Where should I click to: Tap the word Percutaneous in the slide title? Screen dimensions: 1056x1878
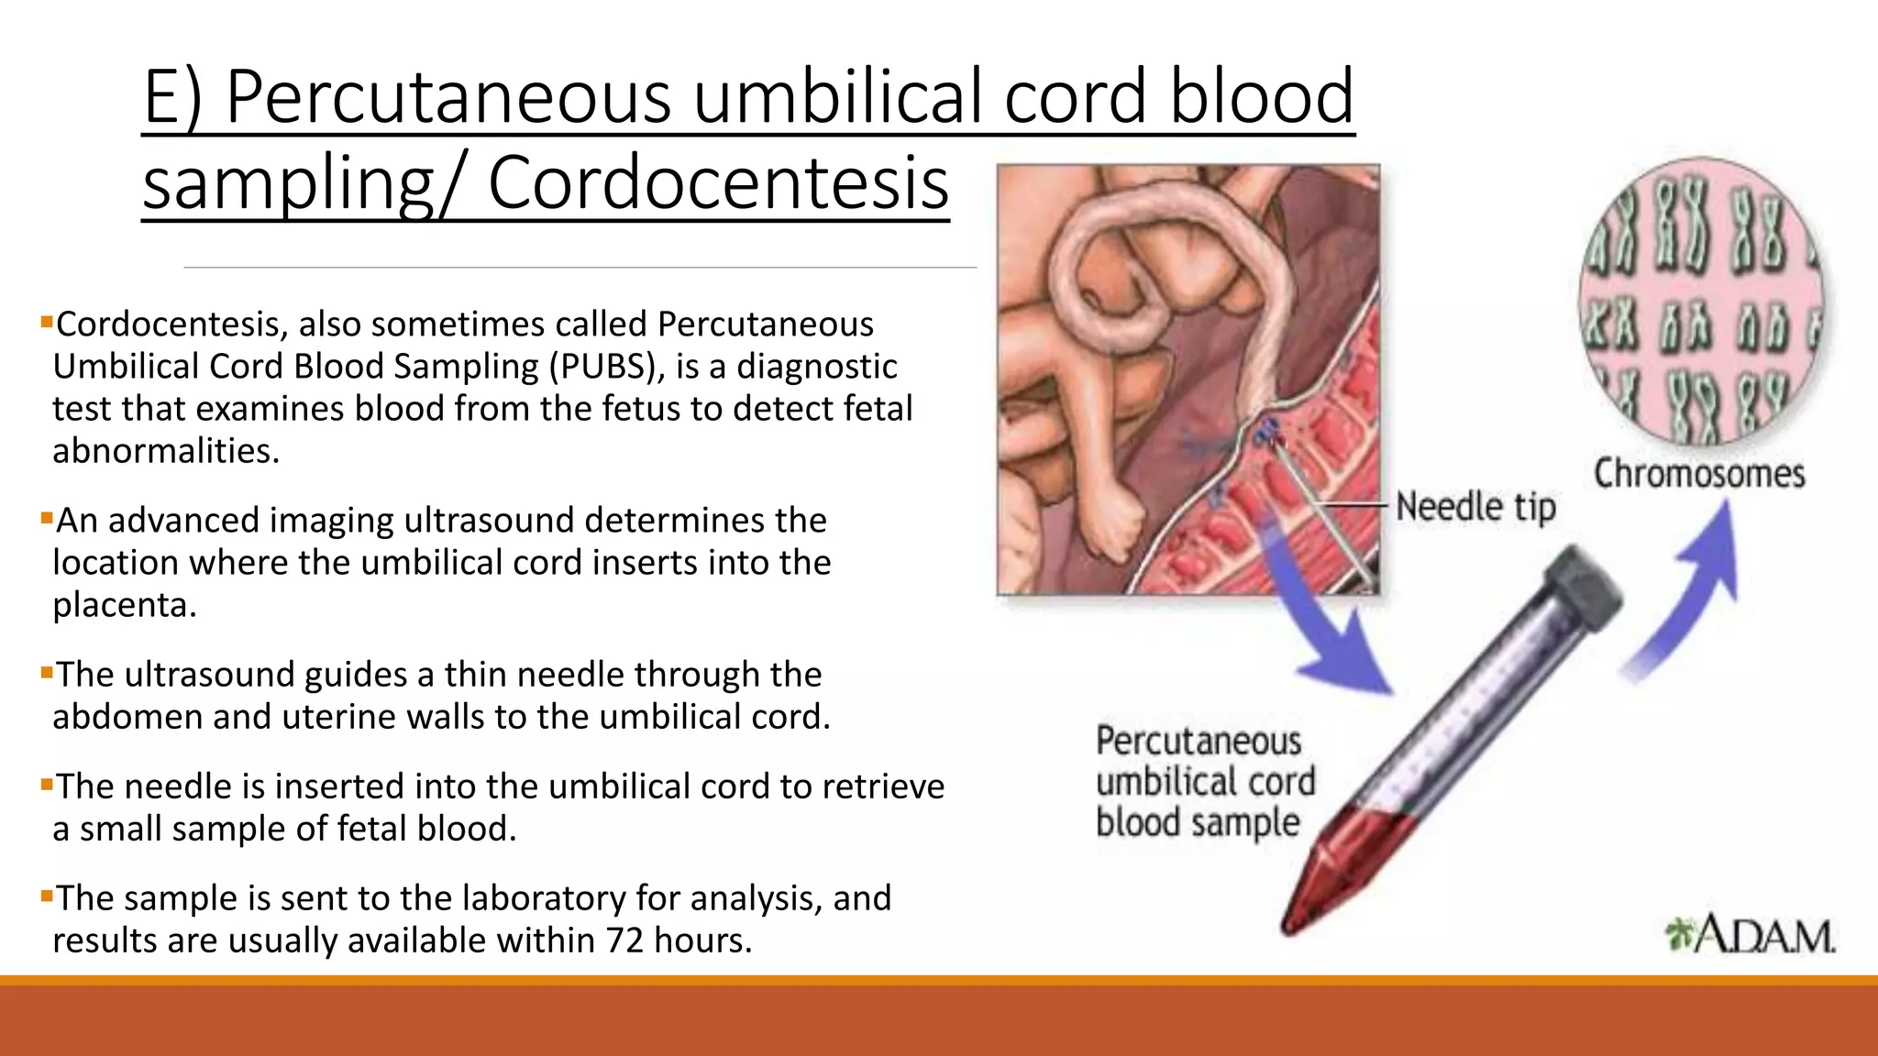(447, 96)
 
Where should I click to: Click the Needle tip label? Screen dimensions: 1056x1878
(1475, 507)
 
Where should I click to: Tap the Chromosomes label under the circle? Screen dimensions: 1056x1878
(1699, 474)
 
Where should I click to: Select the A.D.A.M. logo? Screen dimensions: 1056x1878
(1751, 936)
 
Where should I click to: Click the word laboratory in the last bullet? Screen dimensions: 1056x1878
(516, 898)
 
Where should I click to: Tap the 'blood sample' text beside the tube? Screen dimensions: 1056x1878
(1198, 822)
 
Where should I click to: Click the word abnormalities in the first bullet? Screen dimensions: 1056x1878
(165, 451)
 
